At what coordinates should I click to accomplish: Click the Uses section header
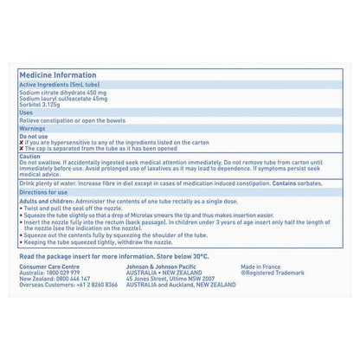click(x=26, y=112)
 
